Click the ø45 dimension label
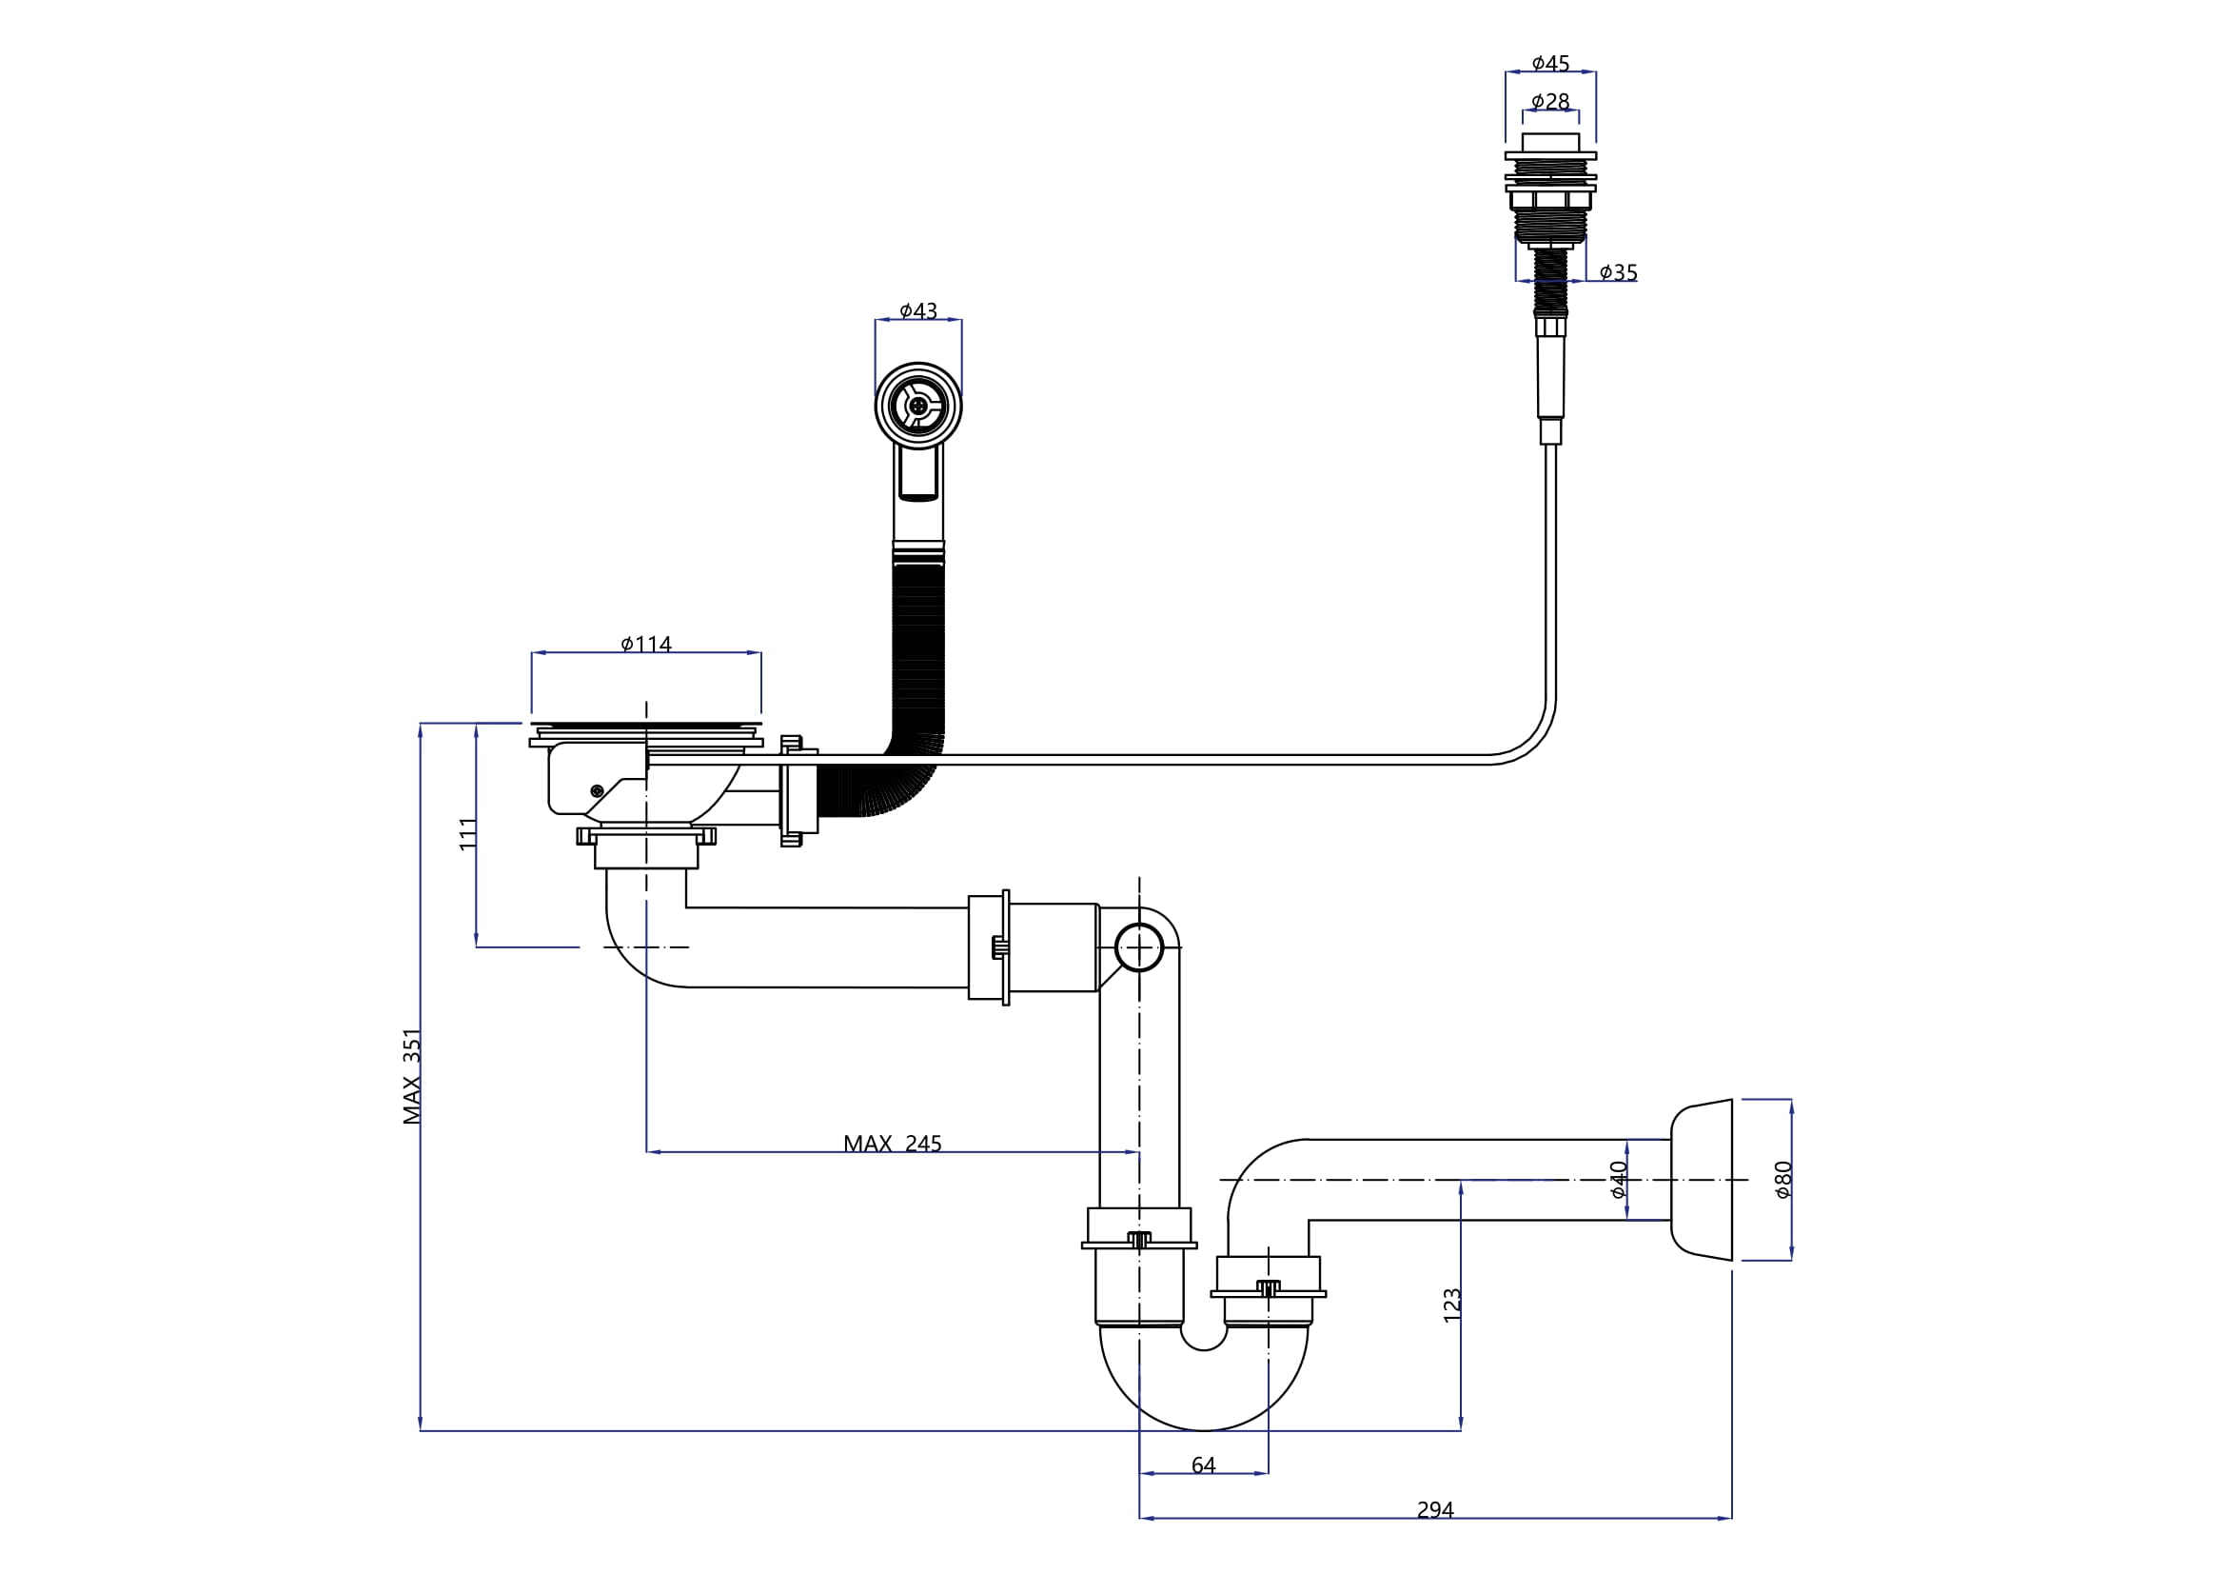[x=1550, y=64]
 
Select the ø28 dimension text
[x=1550, y=102]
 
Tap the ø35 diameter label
[x=1618, y=272]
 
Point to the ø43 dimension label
[x=918, y=311]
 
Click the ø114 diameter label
[x=645, y=644]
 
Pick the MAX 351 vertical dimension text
[x=412, y=1077]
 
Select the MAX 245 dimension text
[x=892, y=1144]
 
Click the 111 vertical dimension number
[x=468, y=834]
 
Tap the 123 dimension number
[x=1451, y=1305]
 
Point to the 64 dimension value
[x=1203, y=1465]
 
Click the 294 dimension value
[x=1435, y=1510]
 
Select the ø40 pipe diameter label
[x=1618, y=1179]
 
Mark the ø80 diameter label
[x=1783, y=1179]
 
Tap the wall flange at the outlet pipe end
[x=1702, y=1179]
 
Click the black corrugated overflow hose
[x=918, y=660]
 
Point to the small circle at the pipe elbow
[x=1138, y=946]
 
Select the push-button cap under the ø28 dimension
[x=1550, y=142]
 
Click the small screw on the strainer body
[x=597, y=791]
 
